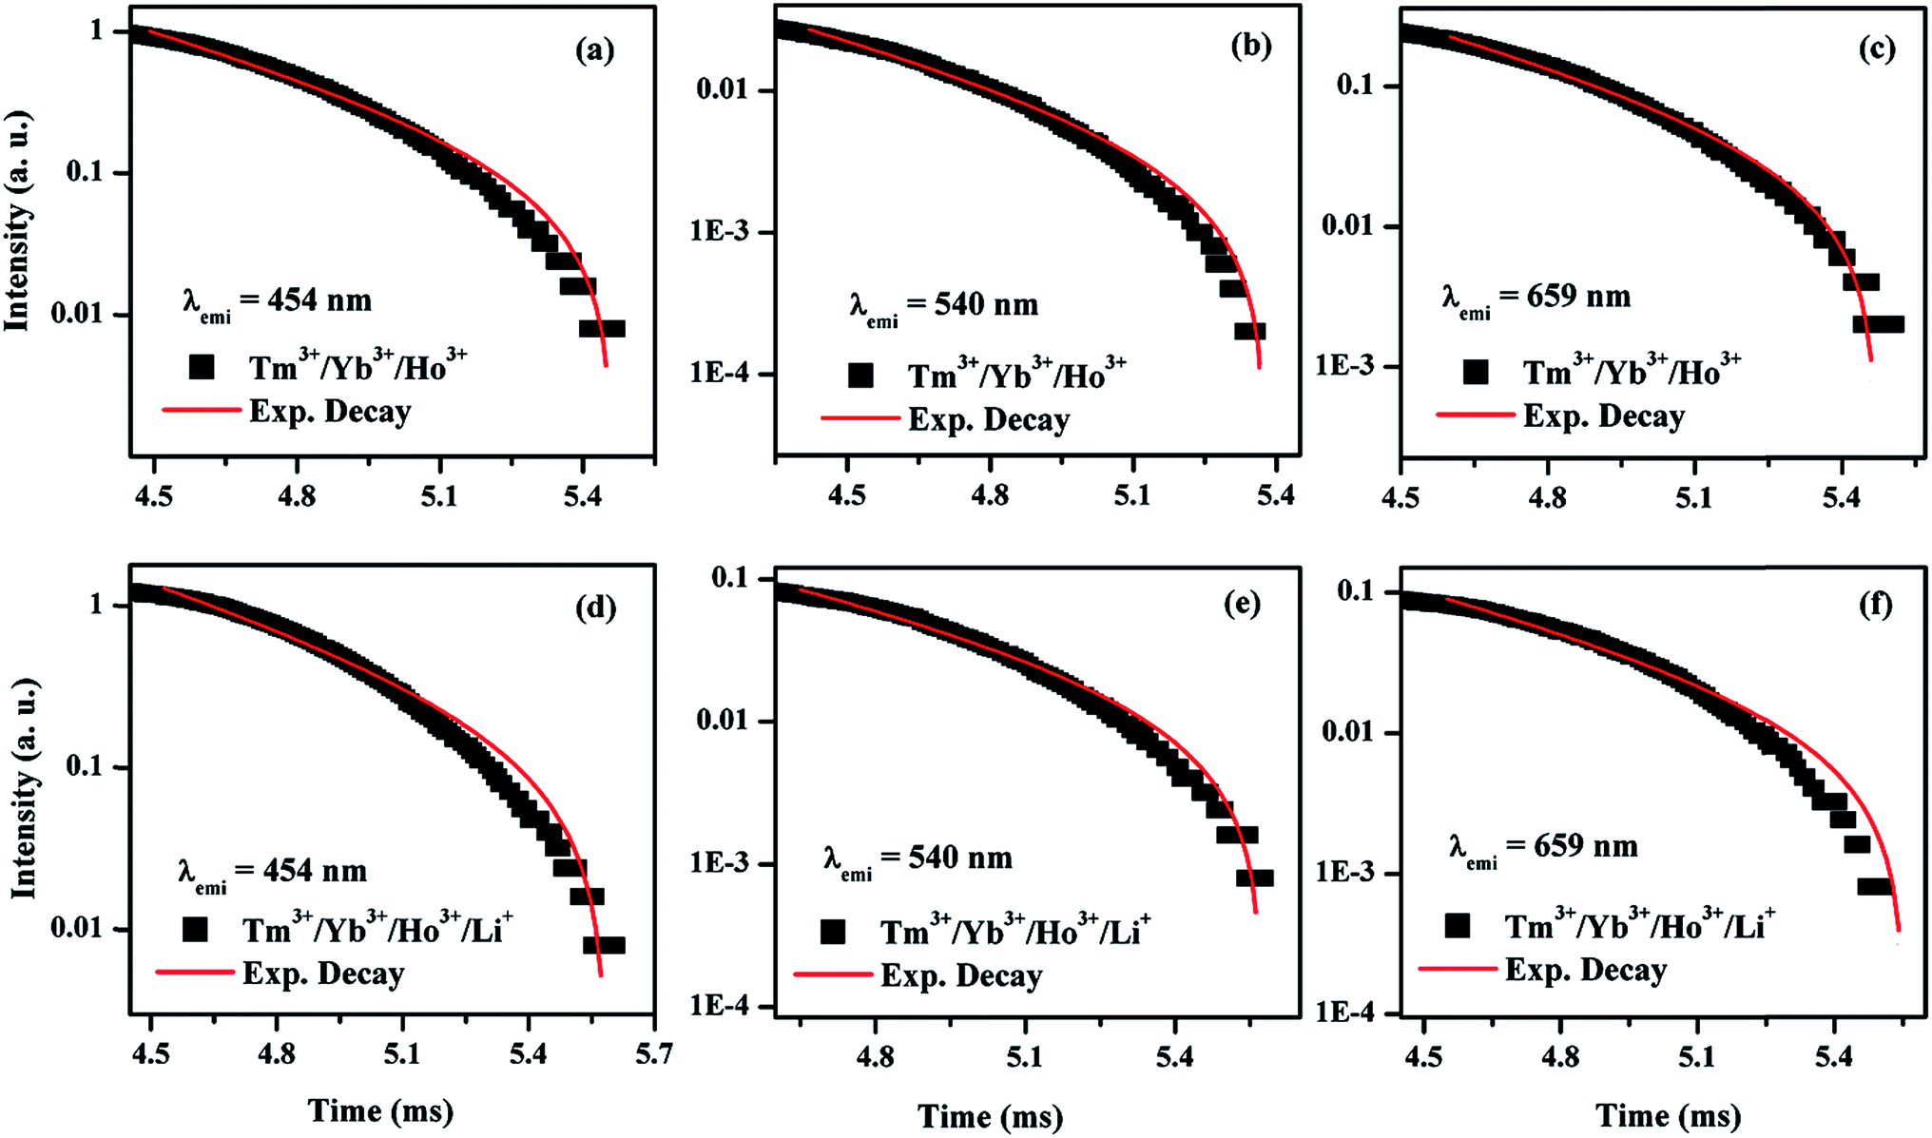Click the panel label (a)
point(594,49)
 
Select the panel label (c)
point(1876,49)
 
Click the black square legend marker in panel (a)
point(202,367)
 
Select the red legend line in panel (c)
point(1475,415)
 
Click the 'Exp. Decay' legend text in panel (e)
point(961,975)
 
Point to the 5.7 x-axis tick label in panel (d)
point(653,1054)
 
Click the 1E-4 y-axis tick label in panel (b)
point(719,373)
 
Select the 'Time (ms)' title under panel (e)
point(990,1116)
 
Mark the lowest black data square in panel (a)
point(602,329)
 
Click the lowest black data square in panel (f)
point(1875,886)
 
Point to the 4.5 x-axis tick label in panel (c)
point(1401,497)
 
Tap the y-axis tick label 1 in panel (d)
point(96,604)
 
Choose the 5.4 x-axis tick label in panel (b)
point(1274,497)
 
